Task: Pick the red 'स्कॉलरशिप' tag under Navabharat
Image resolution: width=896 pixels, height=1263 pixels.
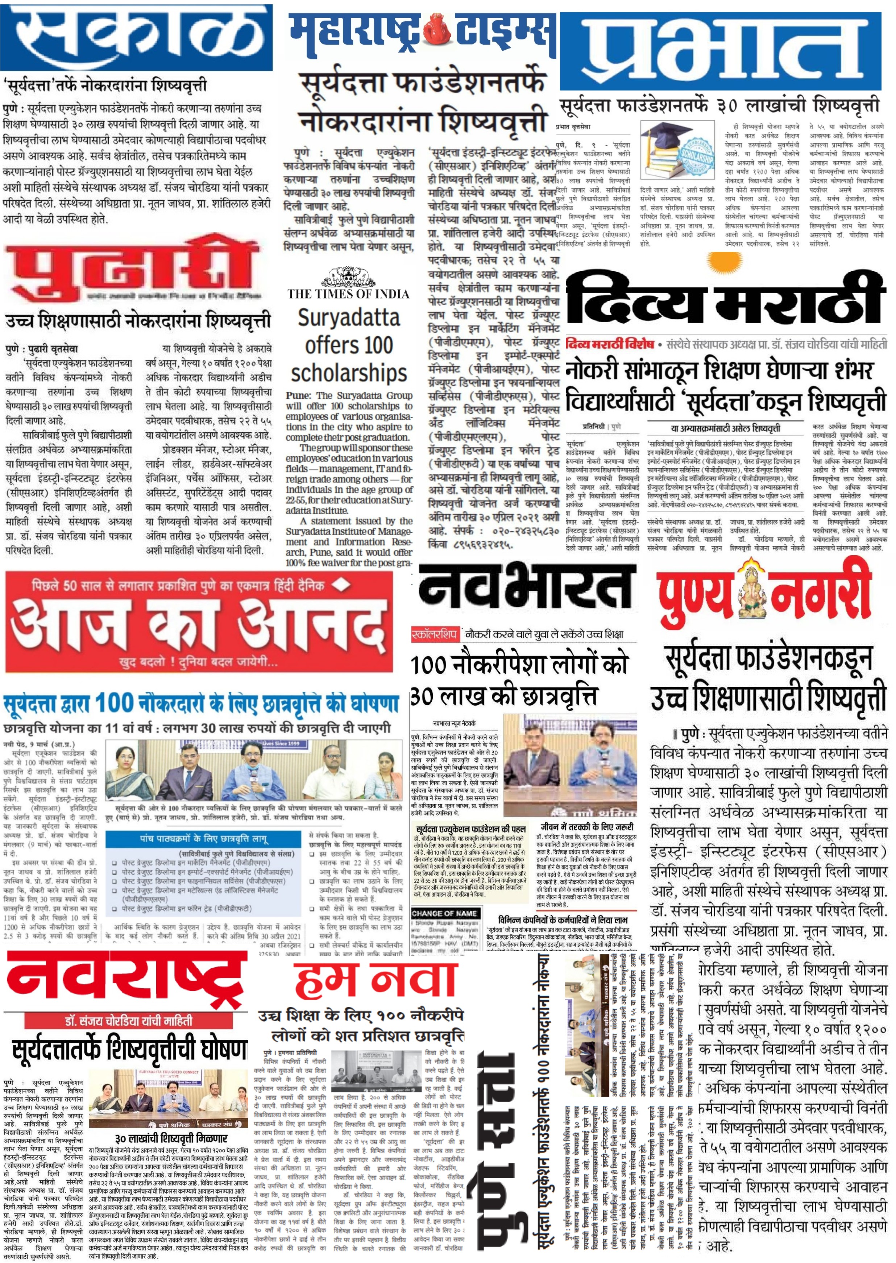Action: click(434, 634)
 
